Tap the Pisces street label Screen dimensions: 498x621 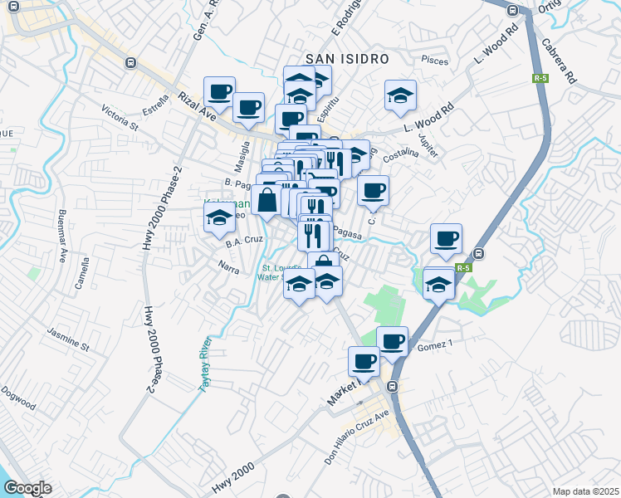coord(435,60)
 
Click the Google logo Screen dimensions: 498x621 coord(27,487)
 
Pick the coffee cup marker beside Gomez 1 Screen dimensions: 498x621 coord(392,339)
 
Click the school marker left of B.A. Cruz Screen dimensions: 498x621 coord(220,217)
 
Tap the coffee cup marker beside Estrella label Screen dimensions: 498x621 coord(220,91)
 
